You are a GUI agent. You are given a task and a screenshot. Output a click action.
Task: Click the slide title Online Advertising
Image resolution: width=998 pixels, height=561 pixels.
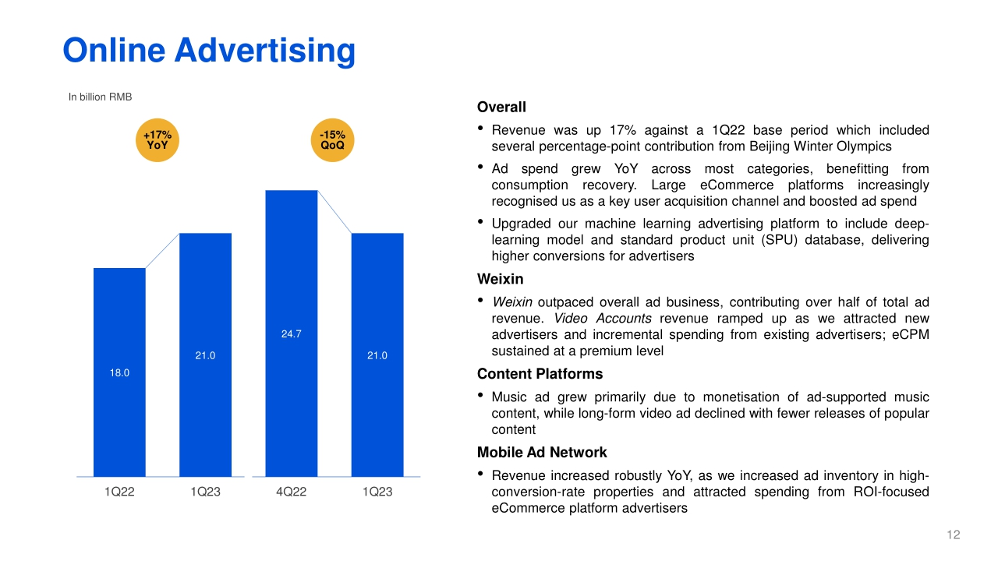[209, 51]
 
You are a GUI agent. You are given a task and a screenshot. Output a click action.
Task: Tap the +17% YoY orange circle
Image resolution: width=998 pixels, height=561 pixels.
[157, 140]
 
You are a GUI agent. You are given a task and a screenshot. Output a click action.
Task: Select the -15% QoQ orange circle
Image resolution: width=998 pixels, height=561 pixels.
[332, 140]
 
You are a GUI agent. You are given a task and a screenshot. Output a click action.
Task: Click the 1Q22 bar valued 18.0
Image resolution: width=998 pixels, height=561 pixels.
[119, 372]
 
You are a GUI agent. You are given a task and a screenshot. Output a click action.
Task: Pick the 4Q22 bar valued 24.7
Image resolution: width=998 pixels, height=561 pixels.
[292, 333]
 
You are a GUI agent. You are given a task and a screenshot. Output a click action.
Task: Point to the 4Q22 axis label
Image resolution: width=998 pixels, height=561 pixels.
[292, 492]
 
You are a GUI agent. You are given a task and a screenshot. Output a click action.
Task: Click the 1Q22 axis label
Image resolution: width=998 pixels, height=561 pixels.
[119, 492]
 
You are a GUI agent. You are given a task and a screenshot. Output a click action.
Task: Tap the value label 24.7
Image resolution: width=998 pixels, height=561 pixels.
[292, 334]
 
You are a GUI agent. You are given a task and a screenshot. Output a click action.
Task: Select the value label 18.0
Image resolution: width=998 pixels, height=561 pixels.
[119, 372]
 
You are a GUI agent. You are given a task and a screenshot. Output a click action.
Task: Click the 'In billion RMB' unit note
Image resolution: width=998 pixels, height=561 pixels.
[100, 97]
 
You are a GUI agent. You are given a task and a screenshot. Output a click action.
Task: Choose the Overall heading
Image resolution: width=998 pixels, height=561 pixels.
[501, 108]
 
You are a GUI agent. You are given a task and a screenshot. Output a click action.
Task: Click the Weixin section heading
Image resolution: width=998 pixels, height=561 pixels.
[501, 279]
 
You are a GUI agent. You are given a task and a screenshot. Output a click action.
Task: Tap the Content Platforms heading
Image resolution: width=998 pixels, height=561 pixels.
[540, 374]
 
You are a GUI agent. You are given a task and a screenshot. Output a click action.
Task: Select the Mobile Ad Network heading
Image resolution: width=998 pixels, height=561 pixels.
[542, 453]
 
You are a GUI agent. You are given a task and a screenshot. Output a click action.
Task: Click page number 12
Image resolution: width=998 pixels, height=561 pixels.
[954, 535]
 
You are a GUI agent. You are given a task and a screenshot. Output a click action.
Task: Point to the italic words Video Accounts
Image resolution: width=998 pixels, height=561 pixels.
[603, 319]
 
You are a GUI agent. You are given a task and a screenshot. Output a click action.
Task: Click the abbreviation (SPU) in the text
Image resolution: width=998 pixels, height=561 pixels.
[779, 240]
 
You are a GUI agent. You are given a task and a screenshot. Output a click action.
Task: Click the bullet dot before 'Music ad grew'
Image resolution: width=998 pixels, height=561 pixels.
[480, 395]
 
